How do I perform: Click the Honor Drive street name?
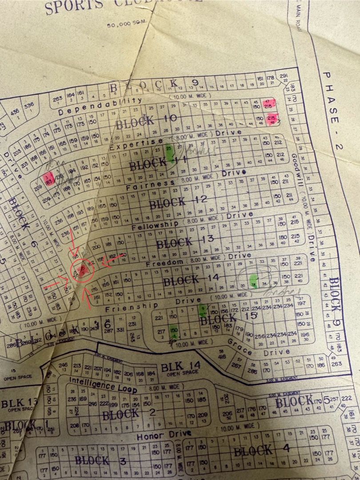point(164,435)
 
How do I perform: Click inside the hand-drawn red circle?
point(82,271)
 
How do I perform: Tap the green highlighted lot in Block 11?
point(169,153)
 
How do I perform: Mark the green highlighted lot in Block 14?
point(254,281)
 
